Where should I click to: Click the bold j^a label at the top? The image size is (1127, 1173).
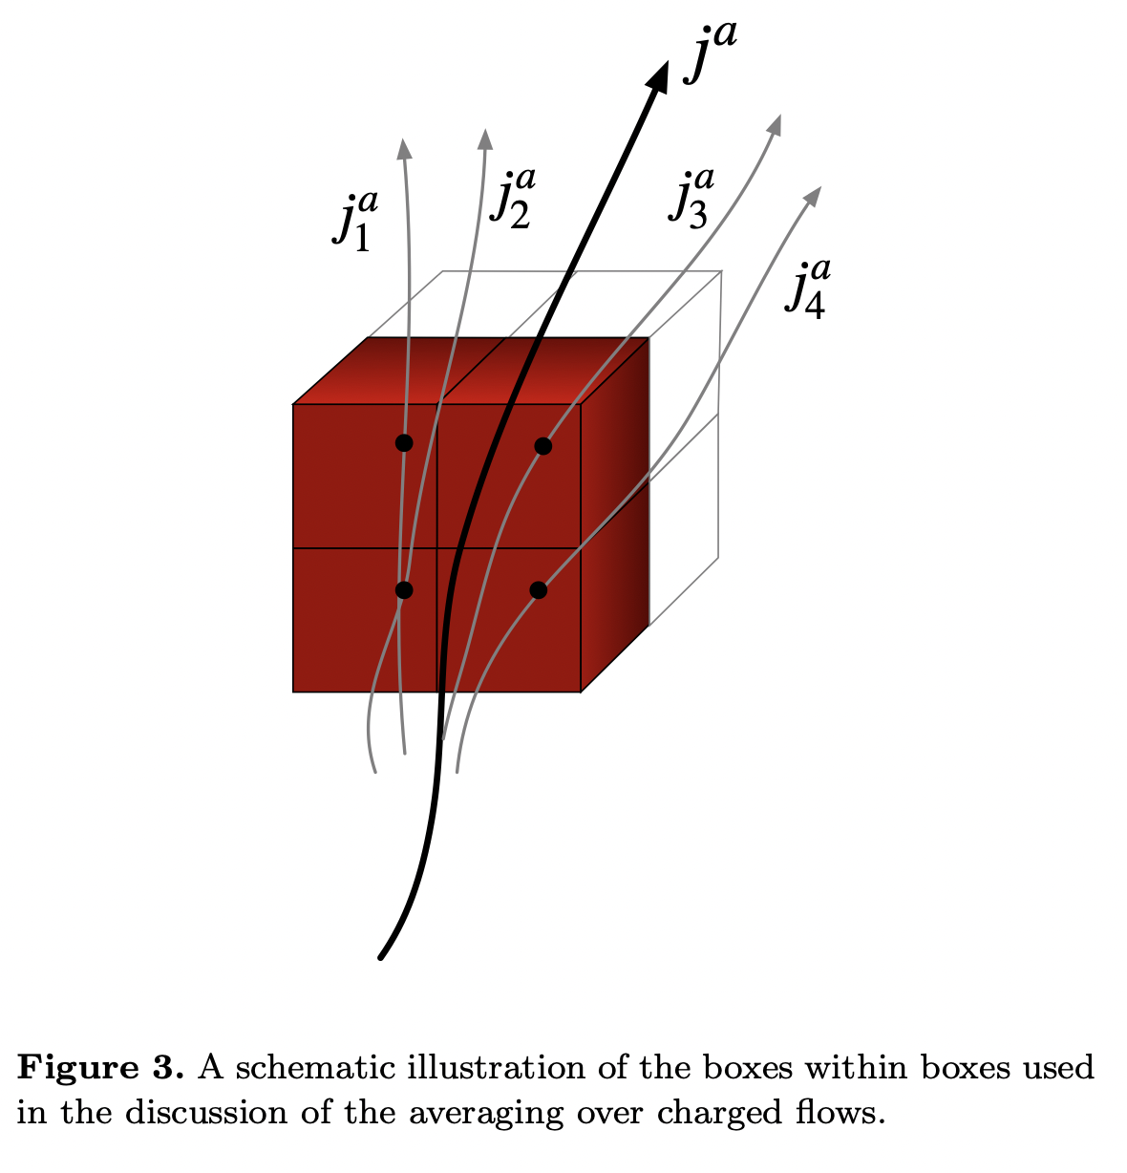point(709,55)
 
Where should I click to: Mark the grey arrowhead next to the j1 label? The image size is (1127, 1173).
point(404,147)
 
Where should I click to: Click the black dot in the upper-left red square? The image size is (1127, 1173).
point(404,442)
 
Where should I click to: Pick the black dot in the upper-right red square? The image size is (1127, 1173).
point(542,445)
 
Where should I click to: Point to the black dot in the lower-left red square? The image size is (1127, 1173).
point(404,589)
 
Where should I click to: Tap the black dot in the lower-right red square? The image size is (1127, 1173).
point(539,589)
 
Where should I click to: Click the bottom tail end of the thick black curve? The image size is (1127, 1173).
point(381,956)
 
